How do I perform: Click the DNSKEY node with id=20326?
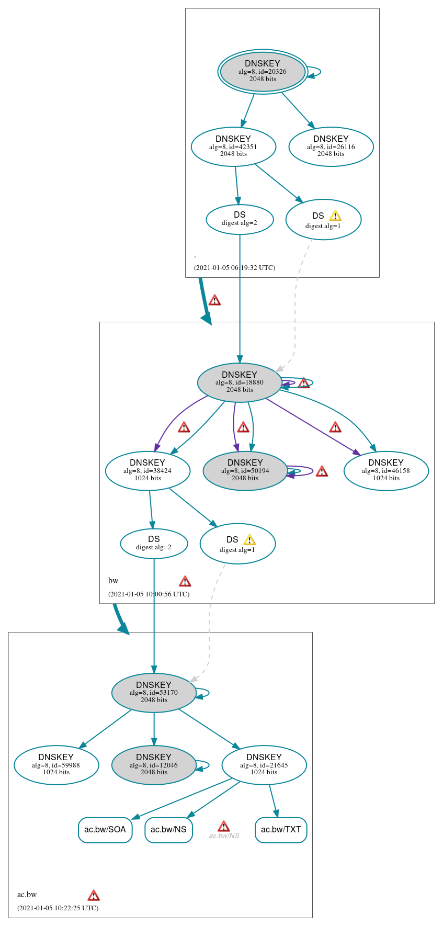tap(263, 72)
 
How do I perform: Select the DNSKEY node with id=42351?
tap(233, 146)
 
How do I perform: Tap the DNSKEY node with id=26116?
tap(331, 146)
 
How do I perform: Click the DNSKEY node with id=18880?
tap(240, 382)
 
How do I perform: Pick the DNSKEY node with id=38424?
tap(147, 470)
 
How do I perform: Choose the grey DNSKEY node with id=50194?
tap(245, 470)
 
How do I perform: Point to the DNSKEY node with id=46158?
tap(386, 470)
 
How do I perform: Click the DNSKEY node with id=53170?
tap(154, 693)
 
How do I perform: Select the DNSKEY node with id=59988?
tap(56, 765)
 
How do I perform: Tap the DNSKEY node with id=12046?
tap(154, 765)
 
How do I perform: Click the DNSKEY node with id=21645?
tap(264, 765)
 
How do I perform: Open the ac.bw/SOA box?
tap(105, 830)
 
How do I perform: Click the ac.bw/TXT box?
tap(281, 830)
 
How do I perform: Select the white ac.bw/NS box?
tap(168, 830)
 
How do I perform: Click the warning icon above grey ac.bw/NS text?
tap(223, 826)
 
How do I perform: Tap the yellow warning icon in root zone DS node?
tap(335, 216)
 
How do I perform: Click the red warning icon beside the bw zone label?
tap(185, 581)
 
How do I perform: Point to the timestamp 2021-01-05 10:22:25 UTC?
tap(58, 908)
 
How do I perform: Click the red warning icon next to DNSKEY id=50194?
tap(322, 471)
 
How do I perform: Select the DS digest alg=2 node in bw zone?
tap(154, 543)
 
